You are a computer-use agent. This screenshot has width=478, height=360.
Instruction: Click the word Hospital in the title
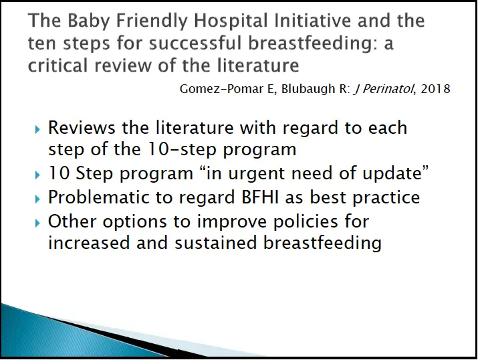click(231, 21)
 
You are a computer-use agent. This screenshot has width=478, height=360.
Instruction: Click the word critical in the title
click(57, 66)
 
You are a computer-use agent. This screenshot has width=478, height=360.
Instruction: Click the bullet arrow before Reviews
click(37, 130)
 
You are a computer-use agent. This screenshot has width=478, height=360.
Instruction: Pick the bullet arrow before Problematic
click(37, 199)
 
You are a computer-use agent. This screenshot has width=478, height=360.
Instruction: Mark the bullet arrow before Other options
click(37, 223)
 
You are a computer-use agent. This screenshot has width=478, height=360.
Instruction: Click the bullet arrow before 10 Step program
click(37, 175)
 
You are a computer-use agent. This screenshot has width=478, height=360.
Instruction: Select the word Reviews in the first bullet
click(82, 128)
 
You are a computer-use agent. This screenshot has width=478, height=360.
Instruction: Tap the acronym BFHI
click(260, 197)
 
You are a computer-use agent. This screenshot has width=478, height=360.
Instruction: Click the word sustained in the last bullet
click(215, 243)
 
